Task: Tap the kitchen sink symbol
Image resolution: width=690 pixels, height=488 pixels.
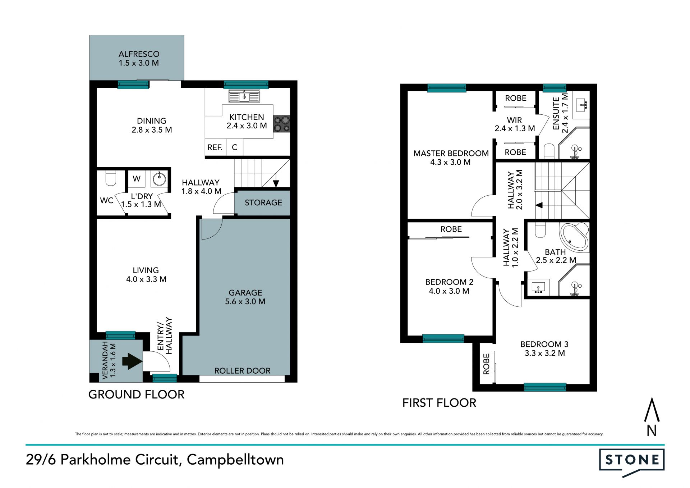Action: (x=244, y=96)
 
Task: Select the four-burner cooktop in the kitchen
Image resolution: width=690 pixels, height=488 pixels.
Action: (x=281, y=124)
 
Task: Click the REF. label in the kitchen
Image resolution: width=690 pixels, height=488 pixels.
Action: (x=215, y=147)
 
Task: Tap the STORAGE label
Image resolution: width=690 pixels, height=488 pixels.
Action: (x=263, y=203)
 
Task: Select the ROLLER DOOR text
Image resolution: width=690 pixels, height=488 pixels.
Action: (x=243, y=371)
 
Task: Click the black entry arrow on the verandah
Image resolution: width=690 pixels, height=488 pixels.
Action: (x=132, y=361)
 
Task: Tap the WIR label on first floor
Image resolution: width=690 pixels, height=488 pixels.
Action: (x=515, y=120)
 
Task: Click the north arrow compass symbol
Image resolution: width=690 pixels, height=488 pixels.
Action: (x=652, y=416)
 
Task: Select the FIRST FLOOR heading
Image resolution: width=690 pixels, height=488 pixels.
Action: (x=439, y=403)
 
